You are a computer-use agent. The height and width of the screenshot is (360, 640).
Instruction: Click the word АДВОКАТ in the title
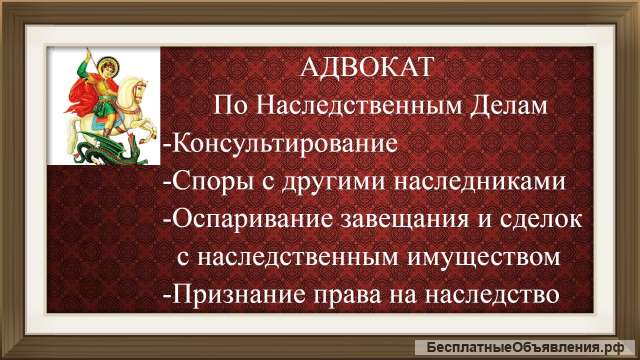366,70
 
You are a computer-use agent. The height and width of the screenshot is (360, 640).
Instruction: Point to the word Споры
207,182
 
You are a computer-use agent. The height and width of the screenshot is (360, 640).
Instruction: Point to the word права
351,295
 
